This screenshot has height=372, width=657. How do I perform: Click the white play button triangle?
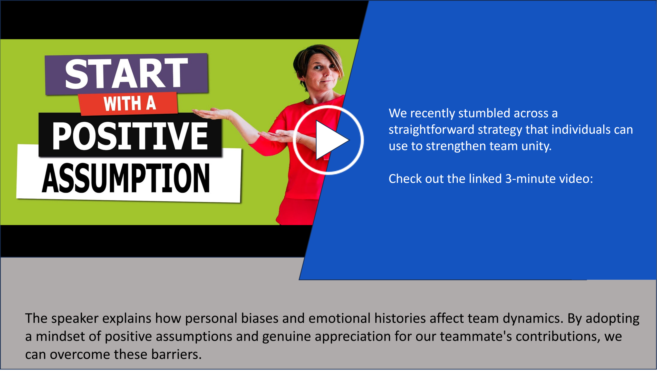coord(330,140)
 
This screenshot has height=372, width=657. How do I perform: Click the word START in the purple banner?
coord(127,73)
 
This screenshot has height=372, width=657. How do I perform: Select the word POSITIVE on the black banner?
coord(130,135)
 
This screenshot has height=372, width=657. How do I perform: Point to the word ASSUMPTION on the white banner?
coord(126,178)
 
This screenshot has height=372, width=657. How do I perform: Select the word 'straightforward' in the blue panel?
coord(431,130)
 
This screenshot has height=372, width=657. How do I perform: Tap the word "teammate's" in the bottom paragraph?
coord(476,336)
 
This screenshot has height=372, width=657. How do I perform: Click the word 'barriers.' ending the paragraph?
coord(176,354)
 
